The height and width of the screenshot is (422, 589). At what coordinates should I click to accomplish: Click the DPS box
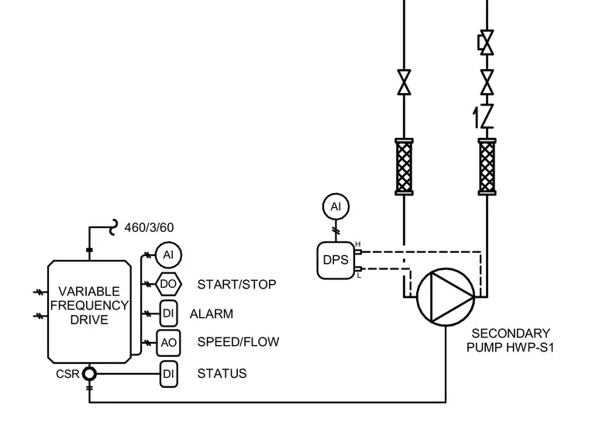click(336, 261)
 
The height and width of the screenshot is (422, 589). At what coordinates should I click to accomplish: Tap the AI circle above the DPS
click(336, 206)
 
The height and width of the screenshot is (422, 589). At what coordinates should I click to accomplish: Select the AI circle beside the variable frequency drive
click(168, 255)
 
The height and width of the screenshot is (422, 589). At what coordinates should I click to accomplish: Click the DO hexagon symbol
click(168, 284)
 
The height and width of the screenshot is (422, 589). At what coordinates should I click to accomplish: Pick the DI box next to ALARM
click(169, 313)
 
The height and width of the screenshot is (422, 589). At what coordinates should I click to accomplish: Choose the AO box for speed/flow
click(168, 343)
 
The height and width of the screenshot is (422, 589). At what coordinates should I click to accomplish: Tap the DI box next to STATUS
click(169, 374)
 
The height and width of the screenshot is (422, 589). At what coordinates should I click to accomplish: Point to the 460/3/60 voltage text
click(149, 227)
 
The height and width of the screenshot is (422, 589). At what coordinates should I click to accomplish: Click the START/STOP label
click(236, 285)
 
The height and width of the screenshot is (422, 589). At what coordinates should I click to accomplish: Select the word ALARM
click(212, 313)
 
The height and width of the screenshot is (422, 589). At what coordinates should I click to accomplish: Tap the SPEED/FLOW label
click(238, 342)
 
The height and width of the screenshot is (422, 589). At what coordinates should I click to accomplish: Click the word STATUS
click(222, 373)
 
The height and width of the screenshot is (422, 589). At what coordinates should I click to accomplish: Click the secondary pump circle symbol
click(446, 297)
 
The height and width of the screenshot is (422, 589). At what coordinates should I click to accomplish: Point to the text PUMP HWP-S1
click(510, 348)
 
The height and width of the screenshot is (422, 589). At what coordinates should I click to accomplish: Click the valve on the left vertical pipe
click(405, 82)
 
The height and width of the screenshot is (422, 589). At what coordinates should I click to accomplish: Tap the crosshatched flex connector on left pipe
click(405, 167)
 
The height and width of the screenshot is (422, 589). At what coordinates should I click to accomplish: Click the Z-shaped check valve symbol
click(487, 116)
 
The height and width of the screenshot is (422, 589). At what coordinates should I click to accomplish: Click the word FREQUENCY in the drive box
click(89, 306)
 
